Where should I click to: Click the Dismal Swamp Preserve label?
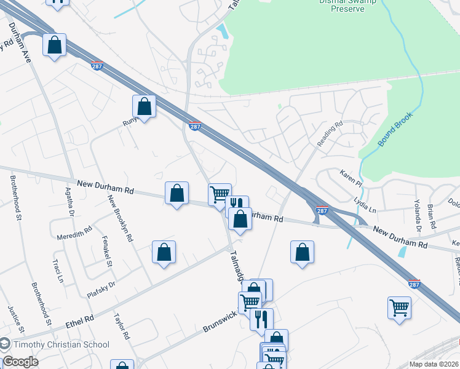point(352,6)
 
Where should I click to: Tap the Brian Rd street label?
point(431,216)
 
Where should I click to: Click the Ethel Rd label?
point(80,321)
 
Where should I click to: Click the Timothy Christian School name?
point(61,345)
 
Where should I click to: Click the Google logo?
point(20,361)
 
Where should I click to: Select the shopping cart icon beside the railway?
point(399,307)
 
